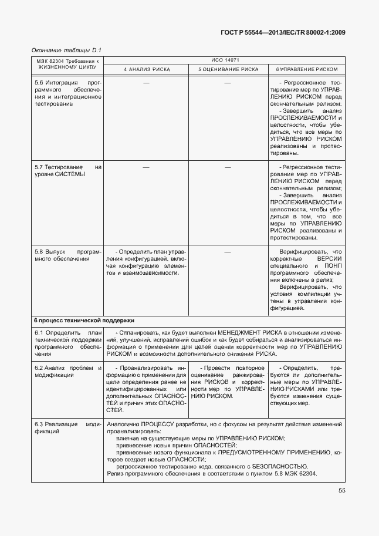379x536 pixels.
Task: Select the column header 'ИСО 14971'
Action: pyautogui.click(x=225, y=60)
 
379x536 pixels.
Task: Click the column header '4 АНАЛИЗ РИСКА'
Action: pyautogui.click(x=146, y=69)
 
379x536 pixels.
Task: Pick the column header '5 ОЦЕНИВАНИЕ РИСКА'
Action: pyautogui.click(x=228, y=69)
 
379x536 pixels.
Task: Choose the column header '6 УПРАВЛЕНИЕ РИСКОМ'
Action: pyautogui.click(x=307, y=69)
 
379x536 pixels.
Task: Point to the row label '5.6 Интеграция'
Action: pyautogui.click(x=53, y=83)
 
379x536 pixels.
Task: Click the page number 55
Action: pyautogui.click(x=341, y=491)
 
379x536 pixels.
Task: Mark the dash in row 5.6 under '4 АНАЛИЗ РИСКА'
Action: pyautogui.click(x=146, y=83)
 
